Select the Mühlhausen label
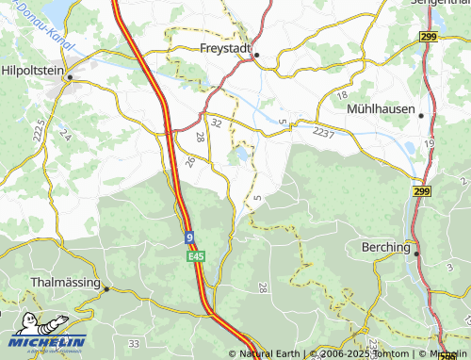(x=381, y=108)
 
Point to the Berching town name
(x=386, y=247)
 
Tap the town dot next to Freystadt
(x=256, y=55)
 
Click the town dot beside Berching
(x=416, y=254)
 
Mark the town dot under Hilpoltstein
(x=68, y=79)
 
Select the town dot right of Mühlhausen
(x=421, y=116)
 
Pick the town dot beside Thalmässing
(x=106, y=288)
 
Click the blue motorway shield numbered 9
(x=189, y=238)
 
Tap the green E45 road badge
(x=195, y=256)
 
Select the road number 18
(x=341, y=96)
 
